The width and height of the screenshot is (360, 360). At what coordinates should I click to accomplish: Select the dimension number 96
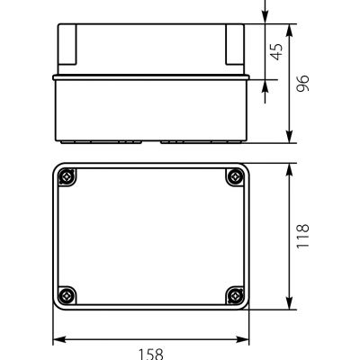tap(304, 83)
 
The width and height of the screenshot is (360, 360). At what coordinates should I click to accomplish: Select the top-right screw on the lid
tap(236, 179)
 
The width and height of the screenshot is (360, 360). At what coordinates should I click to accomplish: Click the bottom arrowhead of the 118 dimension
tap(289, 305)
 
